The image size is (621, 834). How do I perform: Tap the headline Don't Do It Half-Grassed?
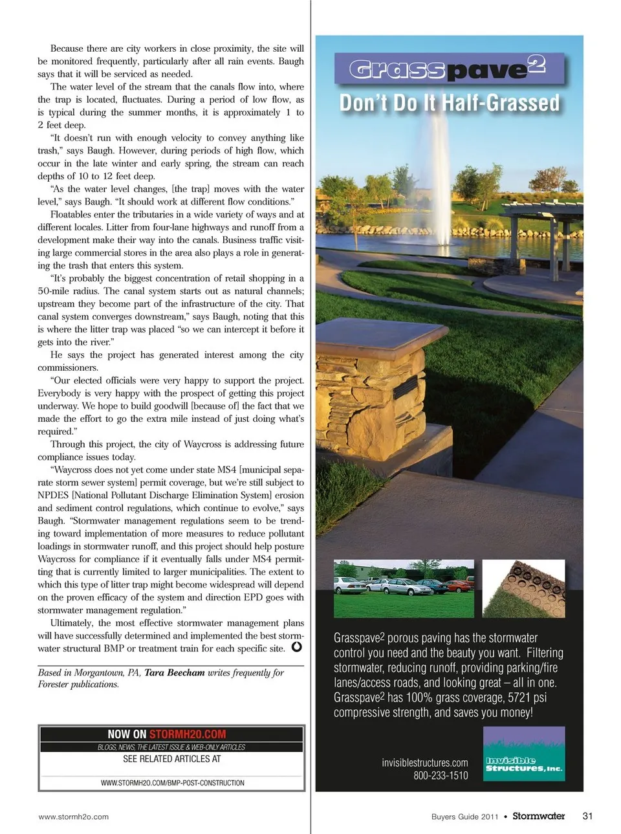pos(449,104)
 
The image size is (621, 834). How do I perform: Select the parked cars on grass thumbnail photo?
pos(404,588)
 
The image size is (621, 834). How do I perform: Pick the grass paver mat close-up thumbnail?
pos(523,588)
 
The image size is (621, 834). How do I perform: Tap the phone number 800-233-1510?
pos(441,775)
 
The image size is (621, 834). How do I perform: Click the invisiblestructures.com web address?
pos(425,762)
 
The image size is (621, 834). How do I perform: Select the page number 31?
pos(587,816)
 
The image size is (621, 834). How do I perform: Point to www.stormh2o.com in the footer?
pos(74,817)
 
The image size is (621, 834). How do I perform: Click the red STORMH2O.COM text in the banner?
pos(188,734)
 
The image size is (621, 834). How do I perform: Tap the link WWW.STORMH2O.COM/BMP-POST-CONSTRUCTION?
pos(172,783)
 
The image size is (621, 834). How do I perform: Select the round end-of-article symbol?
pos(296,646)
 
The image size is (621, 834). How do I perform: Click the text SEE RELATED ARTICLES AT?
pos(172,759)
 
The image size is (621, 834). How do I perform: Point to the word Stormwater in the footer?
pos(538,816)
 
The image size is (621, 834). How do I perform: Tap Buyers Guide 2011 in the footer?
pos(464,817)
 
